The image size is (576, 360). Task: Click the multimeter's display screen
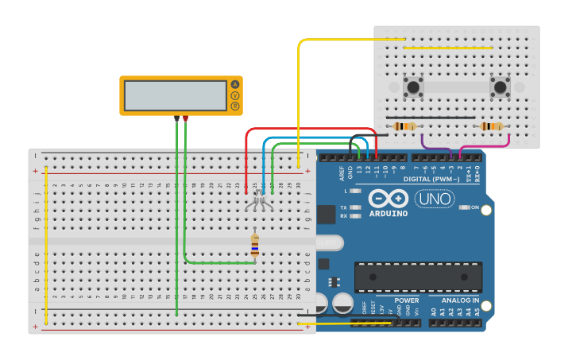click(176, 95)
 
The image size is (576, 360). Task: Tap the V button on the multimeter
click(234, 95)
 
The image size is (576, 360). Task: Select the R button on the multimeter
click(234, 106)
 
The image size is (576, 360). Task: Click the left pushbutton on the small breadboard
click(412, 87)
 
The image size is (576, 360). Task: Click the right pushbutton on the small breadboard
click(500, 87)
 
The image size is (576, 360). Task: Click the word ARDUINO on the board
click(389, 213)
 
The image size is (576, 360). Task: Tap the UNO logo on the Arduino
click(435, 199)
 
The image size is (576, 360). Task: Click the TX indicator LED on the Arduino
click(355, 207)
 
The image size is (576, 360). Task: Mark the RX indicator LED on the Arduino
click(355, 216)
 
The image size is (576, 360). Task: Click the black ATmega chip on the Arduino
click(418, 277)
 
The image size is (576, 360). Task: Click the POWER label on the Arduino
click(406, 301)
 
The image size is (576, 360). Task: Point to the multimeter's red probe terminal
click(185, 118)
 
